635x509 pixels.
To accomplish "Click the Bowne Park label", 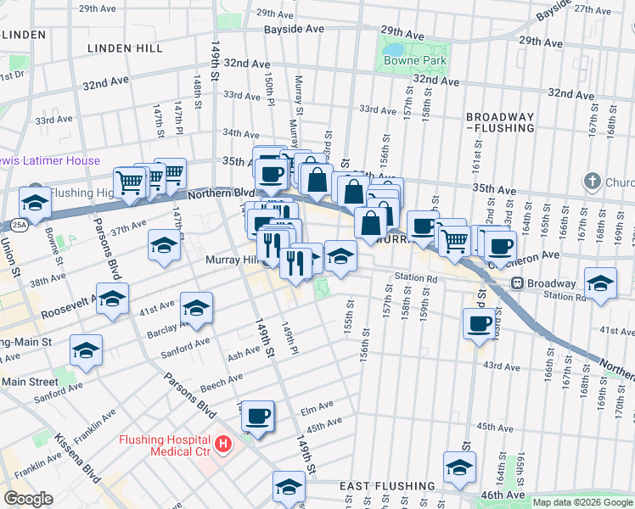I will pos(415,61).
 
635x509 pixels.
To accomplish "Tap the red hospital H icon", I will pos(223,443).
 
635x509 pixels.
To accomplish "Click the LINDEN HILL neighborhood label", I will pos(125,48).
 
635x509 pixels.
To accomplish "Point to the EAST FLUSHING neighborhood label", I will pos(387,486).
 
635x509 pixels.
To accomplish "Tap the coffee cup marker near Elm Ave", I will pos(258,416).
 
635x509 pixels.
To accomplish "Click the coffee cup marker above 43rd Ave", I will pos(480,323).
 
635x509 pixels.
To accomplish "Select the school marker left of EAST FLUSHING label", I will pos(289,486).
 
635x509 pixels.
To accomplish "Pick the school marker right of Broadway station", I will pos(600,283).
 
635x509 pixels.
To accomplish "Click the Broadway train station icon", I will pos(517,283).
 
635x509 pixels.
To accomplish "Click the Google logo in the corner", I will pos(28,498).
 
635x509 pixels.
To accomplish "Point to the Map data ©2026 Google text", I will pos(582,502).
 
